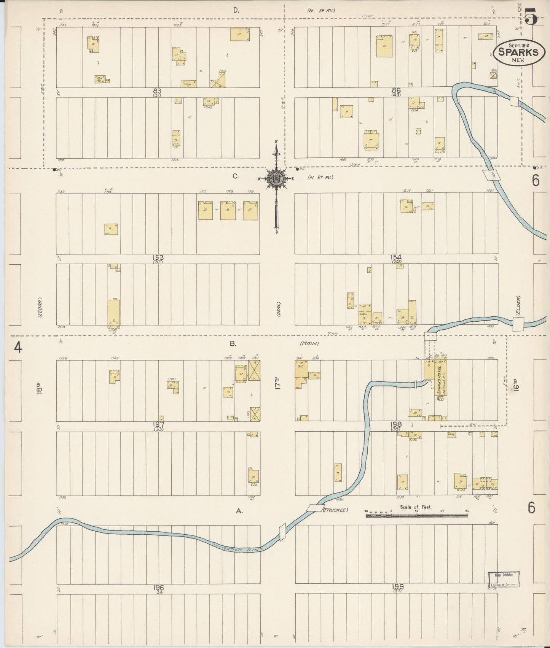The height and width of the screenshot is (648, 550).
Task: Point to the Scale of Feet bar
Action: click(417, 516)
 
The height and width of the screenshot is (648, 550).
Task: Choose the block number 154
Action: click(396, 257)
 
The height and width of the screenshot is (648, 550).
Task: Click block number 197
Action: click(157, 424)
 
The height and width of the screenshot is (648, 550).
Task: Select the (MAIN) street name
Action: click(309, 344)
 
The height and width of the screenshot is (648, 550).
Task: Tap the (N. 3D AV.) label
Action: click(320, 11)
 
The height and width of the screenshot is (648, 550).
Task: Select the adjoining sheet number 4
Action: click(17, 347)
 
